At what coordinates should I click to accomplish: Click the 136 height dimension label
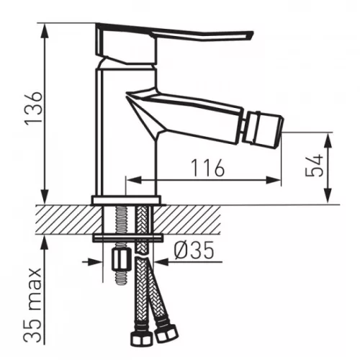point(34,107)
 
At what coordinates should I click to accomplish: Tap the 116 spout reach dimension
point(208,168)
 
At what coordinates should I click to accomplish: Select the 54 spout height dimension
point(315,166)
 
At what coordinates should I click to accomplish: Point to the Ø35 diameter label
point(194,250)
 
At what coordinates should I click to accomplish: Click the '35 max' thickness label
point(34,305)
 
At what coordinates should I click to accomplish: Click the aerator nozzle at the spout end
point(264,128)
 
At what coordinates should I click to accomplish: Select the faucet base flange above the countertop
point(126,200)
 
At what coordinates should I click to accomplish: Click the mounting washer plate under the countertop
point(127,238)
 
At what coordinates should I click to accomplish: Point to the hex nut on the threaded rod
point(122,259)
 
